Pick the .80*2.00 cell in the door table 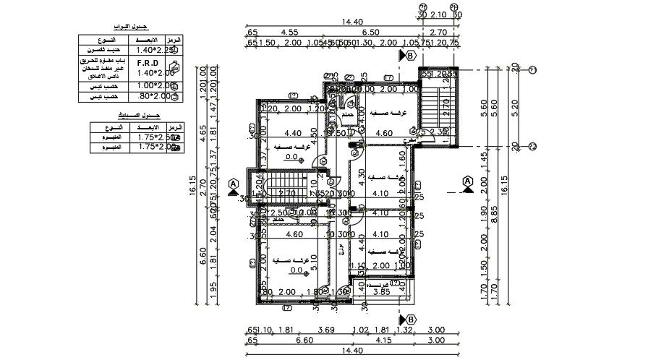147,95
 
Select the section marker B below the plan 409,318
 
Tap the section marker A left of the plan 233,184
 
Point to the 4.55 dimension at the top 290,33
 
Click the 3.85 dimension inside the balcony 380,292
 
